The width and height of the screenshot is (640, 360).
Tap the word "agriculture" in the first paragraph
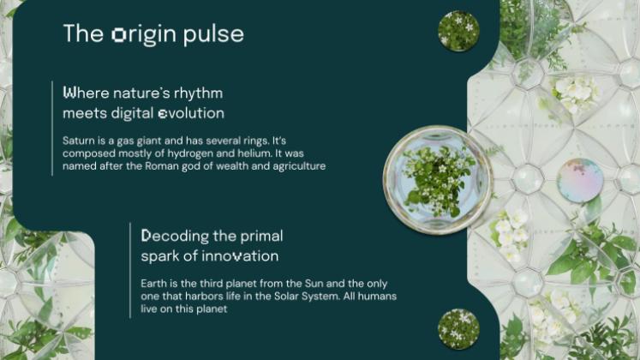pos(297,166)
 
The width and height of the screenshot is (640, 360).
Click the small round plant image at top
pos(458,31)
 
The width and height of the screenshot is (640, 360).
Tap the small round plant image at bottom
pos(458,328)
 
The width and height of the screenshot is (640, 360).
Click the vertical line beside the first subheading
pos(53,129)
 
